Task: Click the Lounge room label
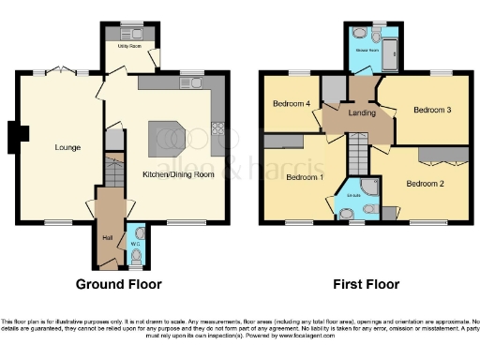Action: tap(67, 147)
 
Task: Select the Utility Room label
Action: tap(129, 44)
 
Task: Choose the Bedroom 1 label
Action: tap(305, 176)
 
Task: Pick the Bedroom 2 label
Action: tap(425, 184)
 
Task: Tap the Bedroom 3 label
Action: tap(432, 110)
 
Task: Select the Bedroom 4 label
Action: tap(292, 103)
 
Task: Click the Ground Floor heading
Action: tap(118, 284)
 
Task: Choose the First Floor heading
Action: tap(366, 284)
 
